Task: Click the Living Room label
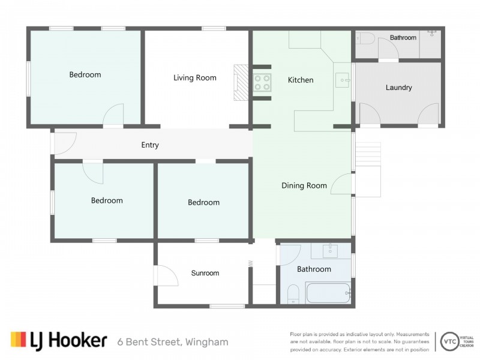pos(194,78)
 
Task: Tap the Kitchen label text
pos(300,80)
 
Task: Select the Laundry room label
pos(398,88)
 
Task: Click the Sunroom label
pos(205,273)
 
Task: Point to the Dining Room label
pos(304,185)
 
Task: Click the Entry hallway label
pos(149,145)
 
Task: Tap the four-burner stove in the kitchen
pos(262,82)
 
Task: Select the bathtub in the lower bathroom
pos(328,294)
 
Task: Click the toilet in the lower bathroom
pos(293,295)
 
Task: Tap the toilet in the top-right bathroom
pos(365,39)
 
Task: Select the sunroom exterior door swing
pos(166,277)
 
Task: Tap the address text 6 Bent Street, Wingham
pos(173,342)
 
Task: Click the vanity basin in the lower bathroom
pos(329,250)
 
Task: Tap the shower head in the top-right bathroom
pos(432,33)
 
